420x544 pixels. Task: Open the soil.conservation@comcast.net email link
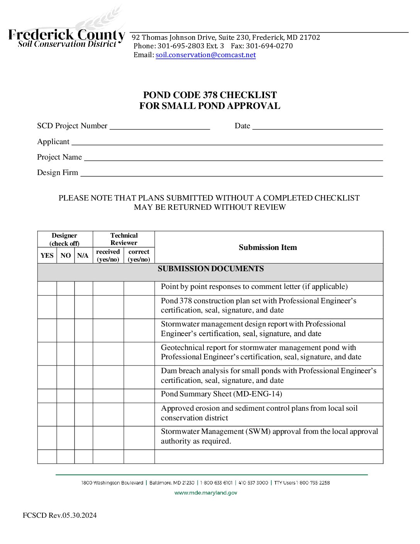click(x=205, y=55)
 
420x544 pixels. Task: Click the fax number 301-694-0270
click(x=269, y=46)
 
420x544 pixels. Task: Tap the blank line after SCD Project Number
click(x=160, y=126)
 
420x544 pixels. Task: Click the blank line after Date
click(x=317, y=126)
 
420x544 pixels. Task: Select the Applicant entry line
click(x=227, y=142)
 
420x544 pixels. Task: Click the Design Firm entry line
click(x=231, y=173)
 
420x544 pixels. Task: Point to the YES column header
click(x=47, y=255)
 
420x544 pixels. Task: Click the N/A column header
click(x=83, y=255)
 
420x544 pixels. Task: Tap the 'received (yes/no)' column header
click(x=108, y=255)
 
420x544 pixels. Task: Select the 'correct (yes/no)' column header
click(x=139, y=255)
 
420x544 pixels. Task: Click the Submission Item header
click(x=268, y=247)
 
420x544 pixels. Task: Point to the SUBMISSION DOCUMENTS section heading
click(x=210, y=269)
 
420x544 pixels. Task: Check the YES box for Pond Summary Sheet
click(x=47, y=396)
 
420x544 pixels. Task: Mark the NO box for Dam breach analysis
click(x=66, y=377)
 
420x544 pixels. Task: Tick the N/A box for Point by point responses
click(x=83, y=288)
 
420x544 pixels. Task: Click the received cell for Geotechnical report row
click(x=108, y=354)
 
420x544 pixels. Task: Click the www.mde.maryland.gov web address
click(x=206, y=493)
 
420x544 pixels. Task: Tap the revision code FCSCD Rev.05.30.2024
click(x=60, y=515)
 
